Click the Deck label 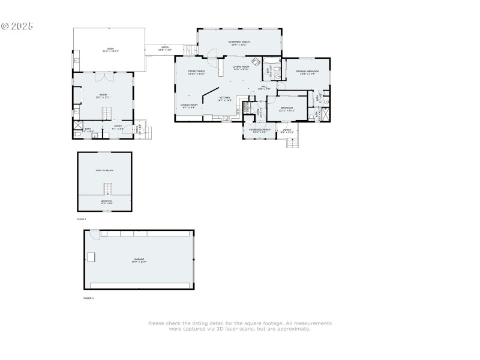(x=110, y=50)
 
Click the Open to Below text (x=104, y=170)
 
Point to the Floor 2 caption (x=82, y=219)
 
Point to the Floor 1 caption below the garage (x=89, y=298)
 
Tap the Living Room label (x=241, y=68)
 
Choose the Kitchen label (x=224, y=98)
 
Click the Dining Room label (x=190, y=106)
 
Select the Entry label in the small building (x=118, y=127)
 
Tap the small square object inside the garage (x=92, y=257)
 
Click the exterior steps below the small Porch (x=292, y=142)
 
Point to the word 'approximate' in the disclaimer (x=295, y=329)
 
